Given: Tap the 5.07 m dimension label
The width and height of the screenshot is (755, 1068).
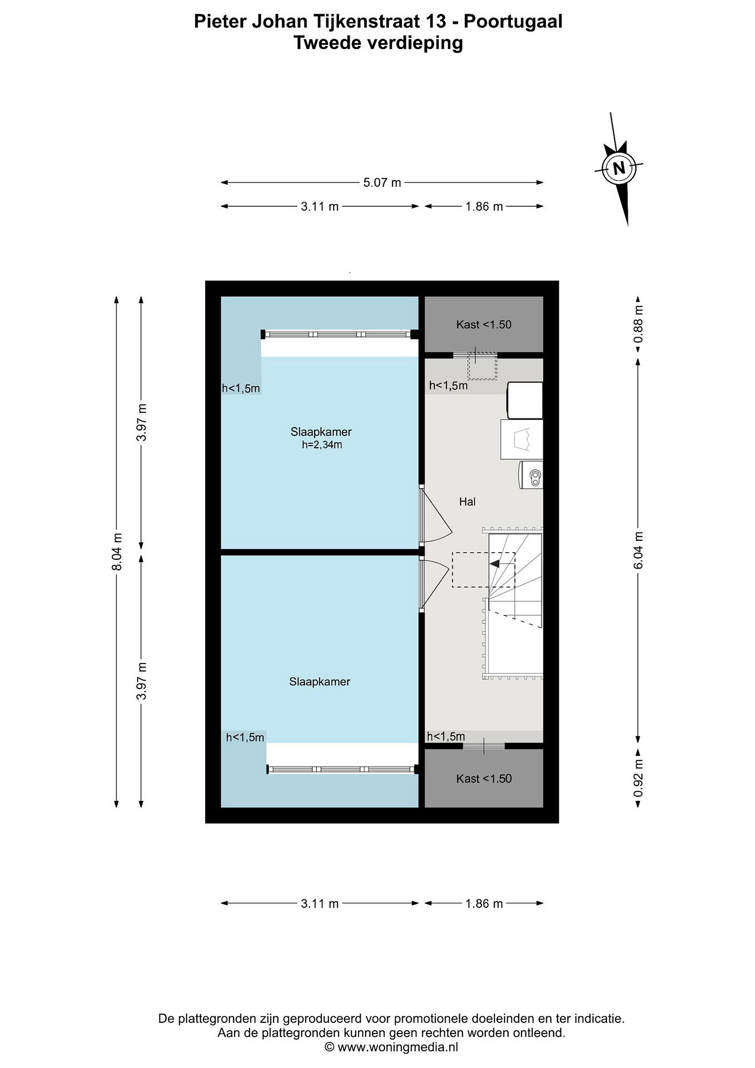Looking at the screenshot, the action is [382, 183].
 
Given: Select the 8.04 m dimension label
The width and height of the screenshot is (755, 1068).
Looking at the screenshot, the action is [117, 552].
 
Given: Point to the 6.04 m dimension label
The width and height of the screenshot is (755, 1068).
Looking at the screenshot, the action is [638, 550].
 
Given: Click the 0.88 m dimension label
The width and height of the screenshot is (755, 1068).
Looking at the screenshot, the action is [638, 324].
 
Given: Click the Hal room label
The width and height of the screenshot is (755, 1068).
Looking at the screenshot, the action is [467, 501].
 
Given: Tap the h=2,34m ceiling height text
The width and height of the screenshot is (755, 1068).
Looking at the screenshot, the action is [322, 445].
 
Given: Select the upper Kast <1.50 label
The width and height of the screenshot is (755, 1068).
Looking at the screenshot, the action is [483, 325].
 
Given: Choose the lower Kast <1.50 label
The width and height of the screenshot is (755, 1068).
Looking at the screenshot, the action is [483, 779].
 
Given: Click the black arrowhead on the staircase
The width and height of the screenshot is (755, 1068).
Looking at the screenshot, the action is [494, 564].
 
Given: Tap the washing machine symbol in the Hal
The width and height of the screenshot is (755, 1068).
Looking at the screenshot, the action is [530, 475].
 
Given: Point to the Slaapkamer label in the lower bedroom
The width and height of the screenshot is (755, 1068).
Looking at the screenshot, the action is [319, 682].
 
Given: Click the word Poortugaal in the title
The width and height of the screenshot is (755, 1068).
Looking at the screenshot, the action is [513, 22].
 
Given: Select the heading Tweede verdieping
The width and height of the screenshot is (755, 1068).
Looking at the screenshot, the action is [378, 43].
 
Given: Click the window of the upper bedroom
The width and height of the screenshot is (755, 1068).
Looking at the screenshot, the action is [339, 334].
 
